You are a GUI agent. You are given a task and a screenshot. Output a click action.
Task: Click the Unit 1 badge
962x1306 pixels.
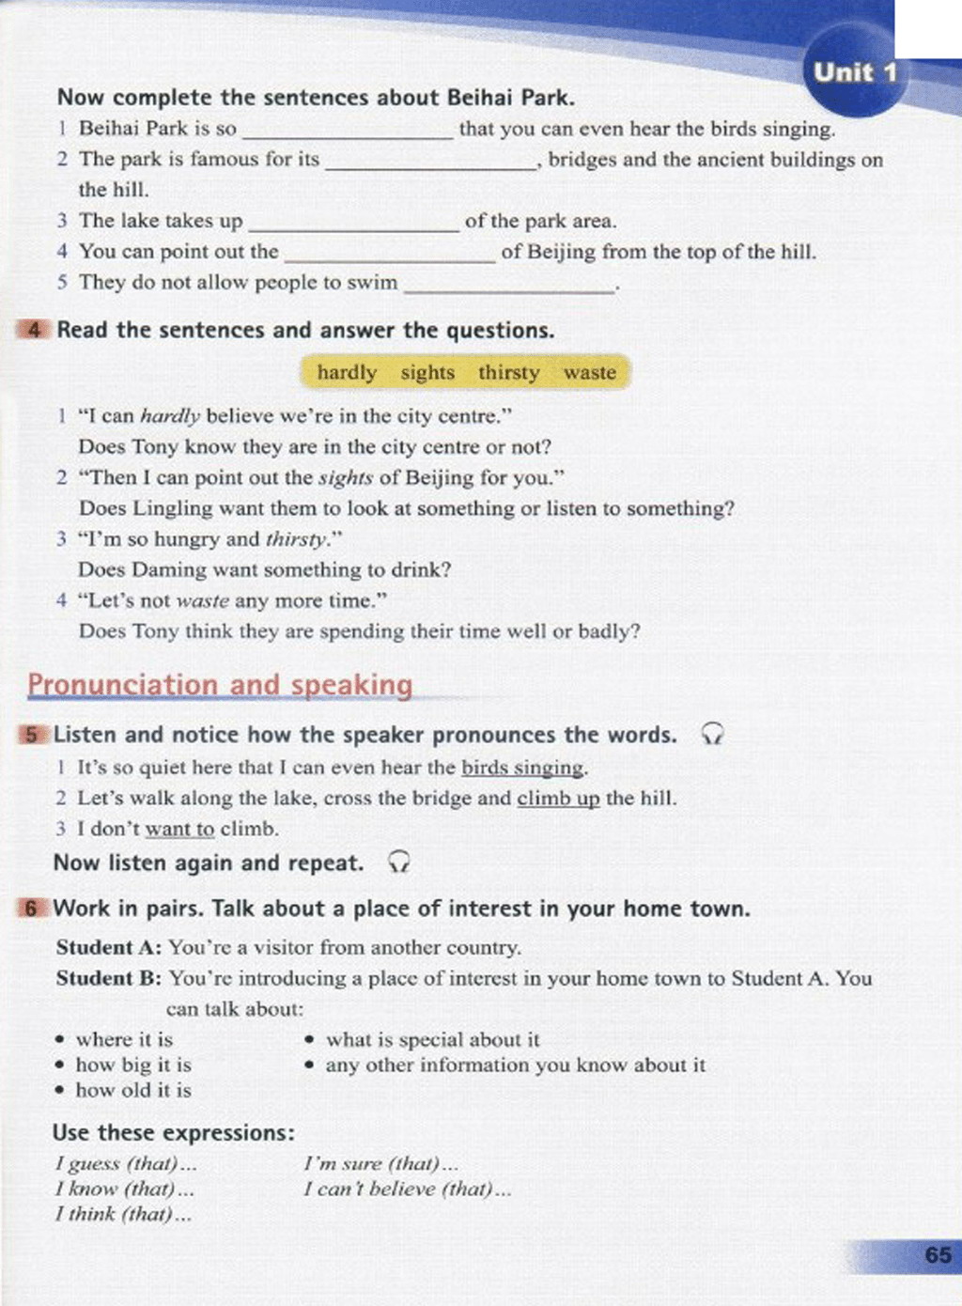pyautogui.click(x=854, y=72)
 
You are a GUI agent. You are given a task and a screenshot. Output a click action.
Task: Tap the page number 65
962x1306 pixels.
pyautogui.click(x=937, y=1254)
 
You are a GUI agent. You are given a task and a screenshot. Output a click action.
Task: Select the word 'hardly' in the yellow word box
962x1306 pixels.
pyautogui.click(x=347, y=373)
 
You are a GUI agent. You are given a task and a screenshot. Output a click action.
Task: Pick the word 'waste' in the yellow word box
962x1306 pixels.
pyautogui.click(x=590, y=373)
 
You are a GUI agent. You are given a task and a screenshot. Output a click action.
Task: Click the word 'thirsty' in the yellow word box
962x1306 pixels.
pyautogui.click(x=508, y=373)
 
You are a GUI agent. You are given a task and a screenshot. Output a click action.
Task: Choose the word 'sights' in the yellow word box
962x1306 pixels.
pyautogui.click(x=427, y=373)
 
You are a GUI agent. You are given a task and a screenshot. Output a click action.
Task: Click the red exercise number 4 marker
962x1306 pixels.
pyautogui.click(x=34, y=330)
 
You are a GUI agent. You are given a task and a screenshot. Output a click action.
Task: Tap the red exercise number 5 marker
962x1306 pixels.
pyautogui.click(x=32, y=735)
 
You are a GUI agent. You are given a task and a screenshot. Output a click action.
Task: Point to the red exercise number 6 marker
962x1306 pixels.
pyautogui.click(x=32, y=909)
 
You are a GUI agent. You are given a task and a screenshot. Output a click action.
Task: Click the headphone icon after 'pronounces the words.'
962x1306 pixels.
pyautogui.click(x=713, y=734)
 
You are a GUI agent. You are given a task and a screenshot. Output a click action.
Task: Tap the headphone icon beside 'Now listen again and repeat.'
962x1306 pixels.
pyautogui.click(x=399, y=862)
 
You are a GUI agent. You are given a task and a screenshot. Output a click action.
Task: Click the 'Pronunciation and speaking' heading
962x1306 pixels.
pyautogui.click(x=220, y=685)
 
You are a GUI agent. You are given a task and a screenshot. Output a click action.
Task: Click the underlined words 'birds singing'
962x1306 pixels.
pyautogui.click(x=522, y=768)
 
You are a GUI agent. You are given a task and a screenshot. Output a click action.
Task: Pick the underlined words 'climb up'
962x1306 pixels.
pyautogui.click(x=558, y=799)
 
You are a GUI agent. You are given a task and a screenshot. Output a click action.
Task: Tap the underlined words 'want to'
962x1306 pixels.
pyautogui.click(x=179, y=830)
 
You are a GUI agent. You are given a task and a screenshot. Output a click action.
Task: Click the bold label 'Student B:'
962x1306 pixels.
pyautogui.click(x=108, y=978)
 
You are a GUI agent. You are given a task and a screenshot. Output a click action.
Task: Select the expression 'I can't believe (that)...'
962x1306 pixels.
pyautogui.click(x=407, y=1189)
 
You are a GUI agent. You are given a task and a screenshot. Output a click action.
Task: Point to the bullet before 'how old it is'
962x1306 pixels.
pyautogui.click(x=60, y=1091)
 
